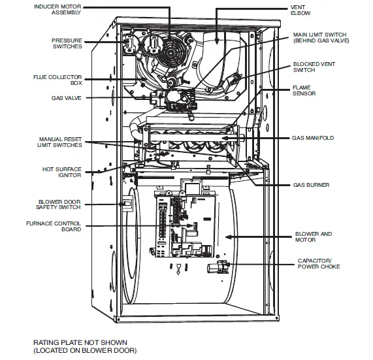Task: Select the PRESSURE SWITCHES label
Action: (67, 44)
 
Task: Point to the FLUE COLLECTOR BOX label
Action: (67, 80)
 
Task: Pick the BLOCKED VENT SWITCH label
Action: (310, 68)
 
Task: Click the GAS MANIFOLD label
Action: (314, 139)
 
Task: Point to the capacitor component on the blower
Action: (221, 265)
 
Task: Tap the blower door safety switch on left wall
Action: (128, 205)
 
